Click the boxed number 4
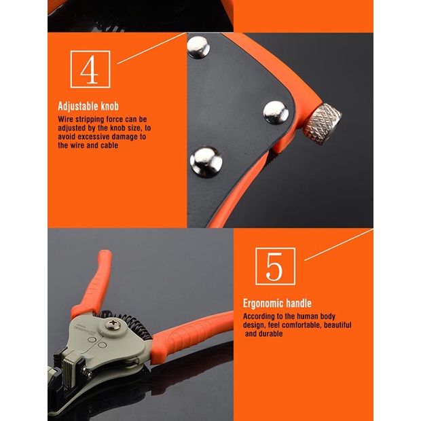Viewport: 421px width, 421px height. click(x=90, y=69)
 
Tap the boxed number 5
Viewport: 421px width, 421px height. click(x=275, y=266)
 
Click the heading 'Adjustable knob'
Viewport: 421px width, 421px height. click(x=88, y=107)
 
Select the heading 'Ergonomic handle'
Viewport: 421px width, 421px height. click(x=277, y=304)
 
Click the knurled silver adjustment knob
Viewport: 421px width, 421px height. click(x=323, y=124)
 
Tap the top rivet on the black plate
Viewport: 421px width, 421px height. click(x=198, y=48)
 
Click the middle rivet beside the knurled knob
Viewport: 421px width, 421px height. click(x=276, y=113)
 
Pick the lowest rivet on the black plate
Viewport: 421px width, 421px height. click(x=206, y=162)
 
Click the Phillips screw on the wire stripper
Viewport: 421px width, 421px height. click(x=112, y=325)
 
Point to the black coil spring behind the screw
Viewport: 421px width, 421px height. click(x=132, y=325)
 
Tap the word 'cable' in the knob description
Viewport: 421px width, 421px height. click(x=109, y=145)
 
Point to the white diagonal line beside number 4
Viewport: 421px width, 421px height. click(x=152, y=48)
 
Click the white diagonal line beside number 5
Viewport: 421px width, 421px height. click(x=339, y=244)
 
